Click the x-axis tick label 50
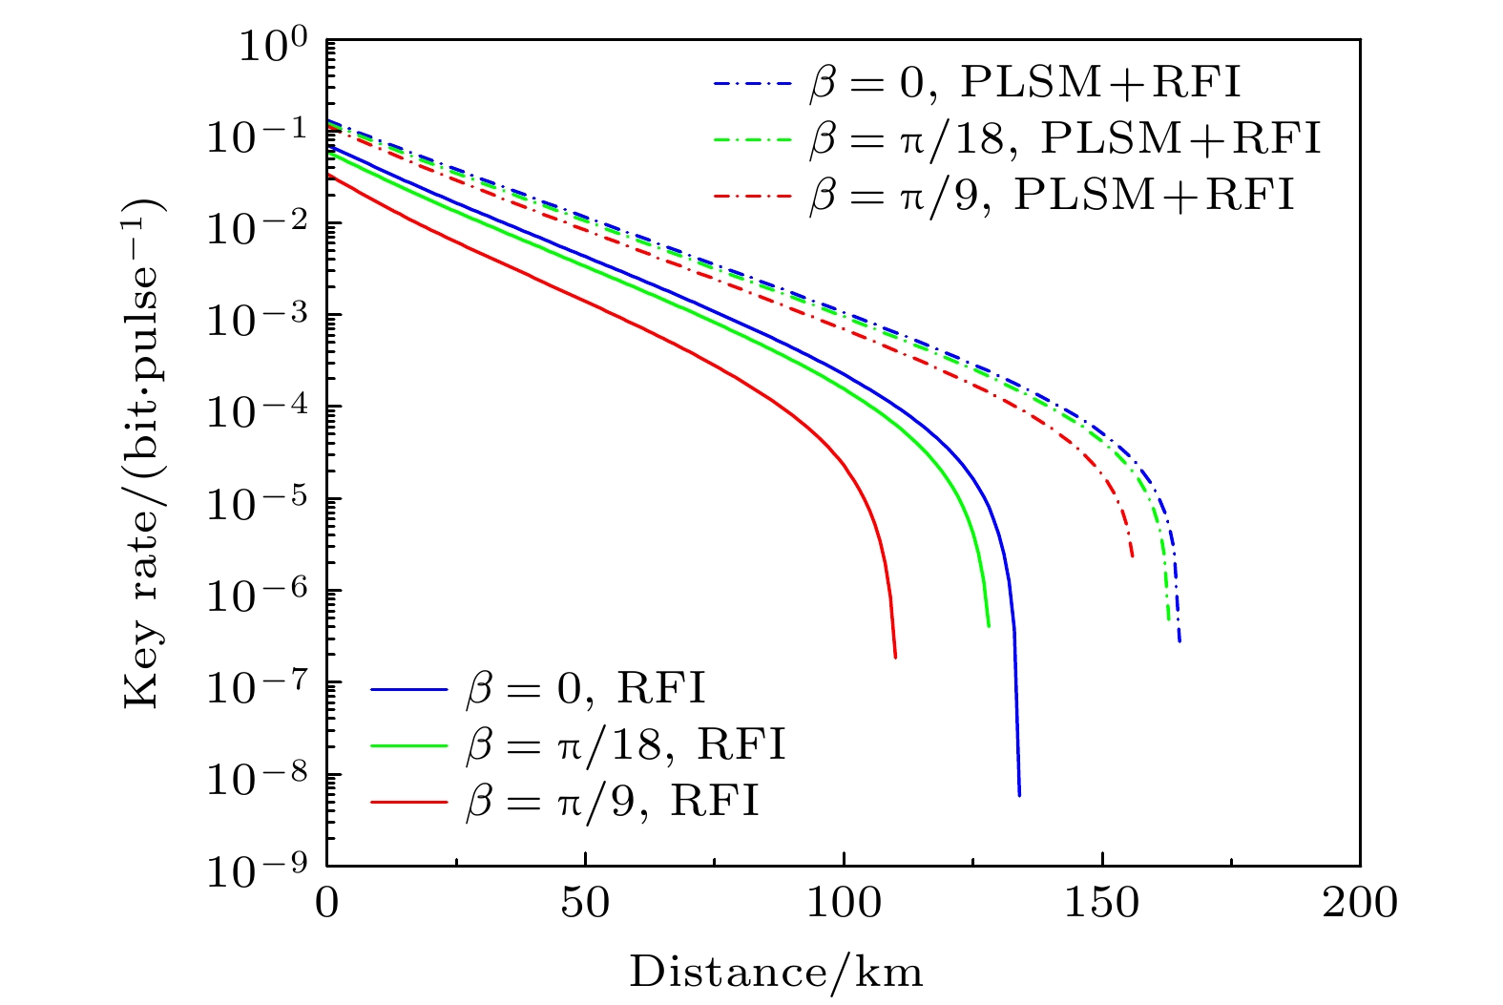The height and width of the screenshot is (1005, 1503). coord(585,903)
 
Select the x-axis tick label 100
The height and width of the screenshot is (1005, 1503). coord(844,903)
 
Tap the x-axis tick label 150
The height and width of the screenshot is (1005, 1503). coord(1102,903)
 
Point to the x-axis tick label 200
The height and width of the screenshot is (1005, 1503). coord(1360,903)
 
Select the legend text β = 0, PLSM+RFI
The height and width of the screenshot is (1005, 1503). coord(1025,84)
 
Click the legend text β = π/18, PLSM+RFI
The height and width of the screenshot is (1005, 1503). coord(1065,139)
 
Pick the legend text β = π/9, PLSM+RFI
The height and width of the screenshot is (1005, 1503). coord(1052,195)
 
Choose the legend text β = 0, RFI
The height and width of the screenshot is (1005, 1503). coord(586,688)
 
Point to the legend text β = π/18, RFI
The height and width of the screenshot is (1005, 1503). coord(626,744)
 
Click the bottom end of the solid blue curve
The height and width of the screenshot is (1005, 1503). coord(1019,794)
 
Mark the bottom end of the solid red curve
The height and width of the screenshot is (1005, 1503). coord(895,656)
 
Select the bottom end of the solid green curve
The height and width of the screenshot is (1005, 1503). coord(989,625)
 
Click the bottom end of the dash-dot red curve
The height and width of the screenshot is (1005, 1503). coord(1132,555)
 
